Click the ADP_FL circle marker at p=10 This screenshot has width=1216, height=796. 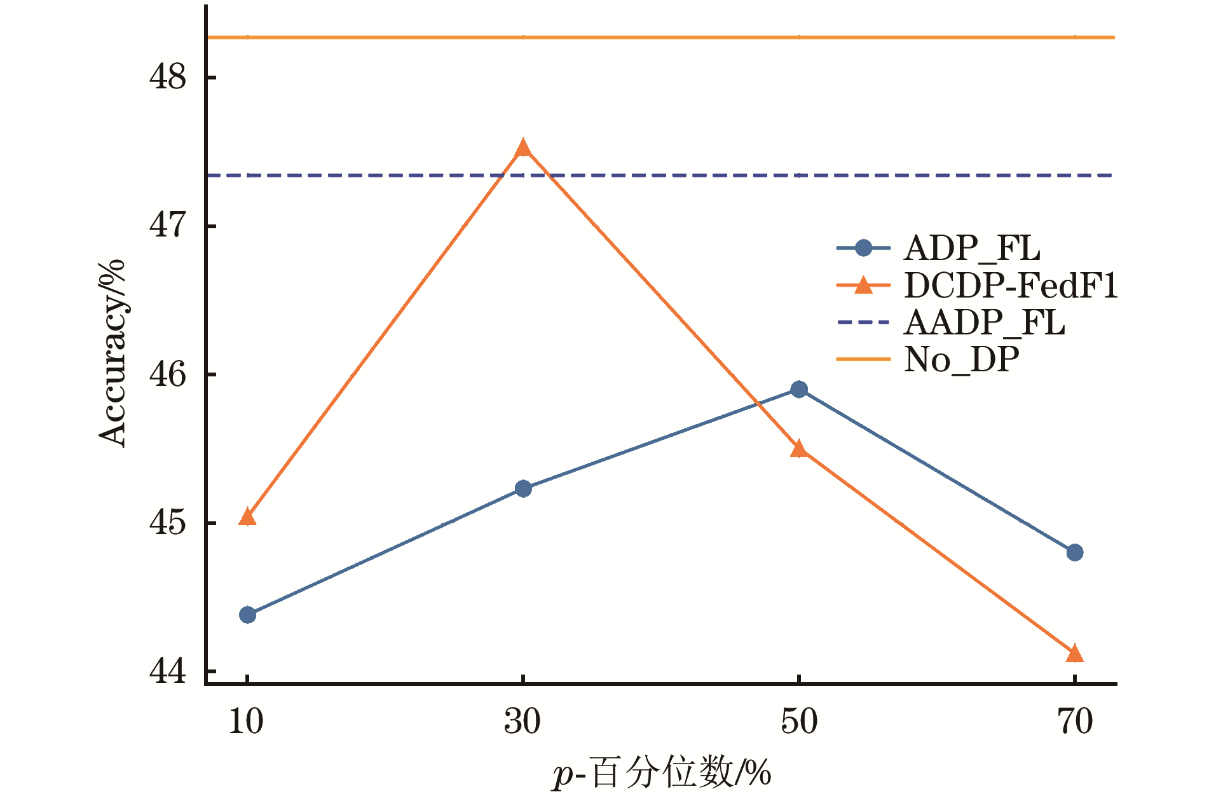pyautogui.click(x=248, y=615)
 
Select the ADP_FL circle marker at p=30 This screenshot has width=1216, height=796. pyautogui.click(x=523, y=488)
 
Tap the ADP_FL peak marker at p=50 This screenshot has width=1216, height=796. pyautogui.click(x=799, y=389)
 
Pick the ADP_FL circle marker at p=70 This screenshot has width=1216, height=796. pyautogui.click(x=1074, y=552)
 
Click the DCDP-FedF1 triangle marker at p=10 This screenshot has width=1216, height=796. pyautogui.click(x=247, y=518)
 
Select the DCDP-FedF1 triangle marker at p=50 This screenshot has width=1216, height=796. pyautogui.click(x=799, y=449)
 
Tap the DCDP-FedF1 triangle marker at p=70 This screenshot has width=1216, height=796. pyautogui.click(x=1074, y=654)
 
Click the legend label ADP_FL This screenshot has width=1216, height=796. pyautogui.click(x=972, y=248)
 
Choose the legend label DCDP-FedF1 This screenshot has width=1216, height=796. pyautogui.click(x=1011, y=285)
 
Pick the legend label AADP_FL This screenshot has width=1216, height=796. pyautogui.click(x=984, y=322)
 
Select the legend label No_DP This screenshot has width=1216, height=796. pyautogui.click(x=962, y=360)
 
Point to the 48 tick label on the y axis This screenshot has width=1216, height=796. pyautogui.click(x=168, y=78)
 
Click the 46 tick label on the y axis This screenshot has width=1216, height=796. pyautogui.click(x=168, y=374)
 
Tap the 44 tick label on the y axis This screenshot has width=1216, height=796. pyautogui.click(x=168, y=671)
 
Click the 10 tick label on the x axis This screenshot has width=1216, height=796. pyautogui.click(x=246, y=722)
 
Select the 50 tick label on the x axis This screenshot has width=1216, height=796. pyautogui.click(x=799, y=722)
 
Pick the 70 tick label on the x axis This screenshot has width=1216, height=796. pyautogui.click(x=1075, y=722)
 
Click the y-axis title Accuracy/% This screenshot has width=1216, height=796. pyautogui.click(x=113, y=353)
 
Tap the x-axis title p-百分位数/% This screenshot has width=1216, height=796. pyautogui.click(x=661, y=774)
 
